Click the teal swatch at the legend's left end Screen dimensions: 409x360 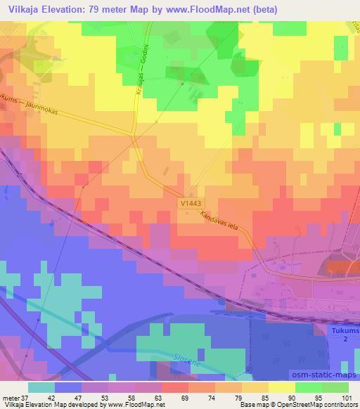coord(41,387)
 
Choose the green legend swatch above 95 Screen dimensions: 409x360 coord(307,387)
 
